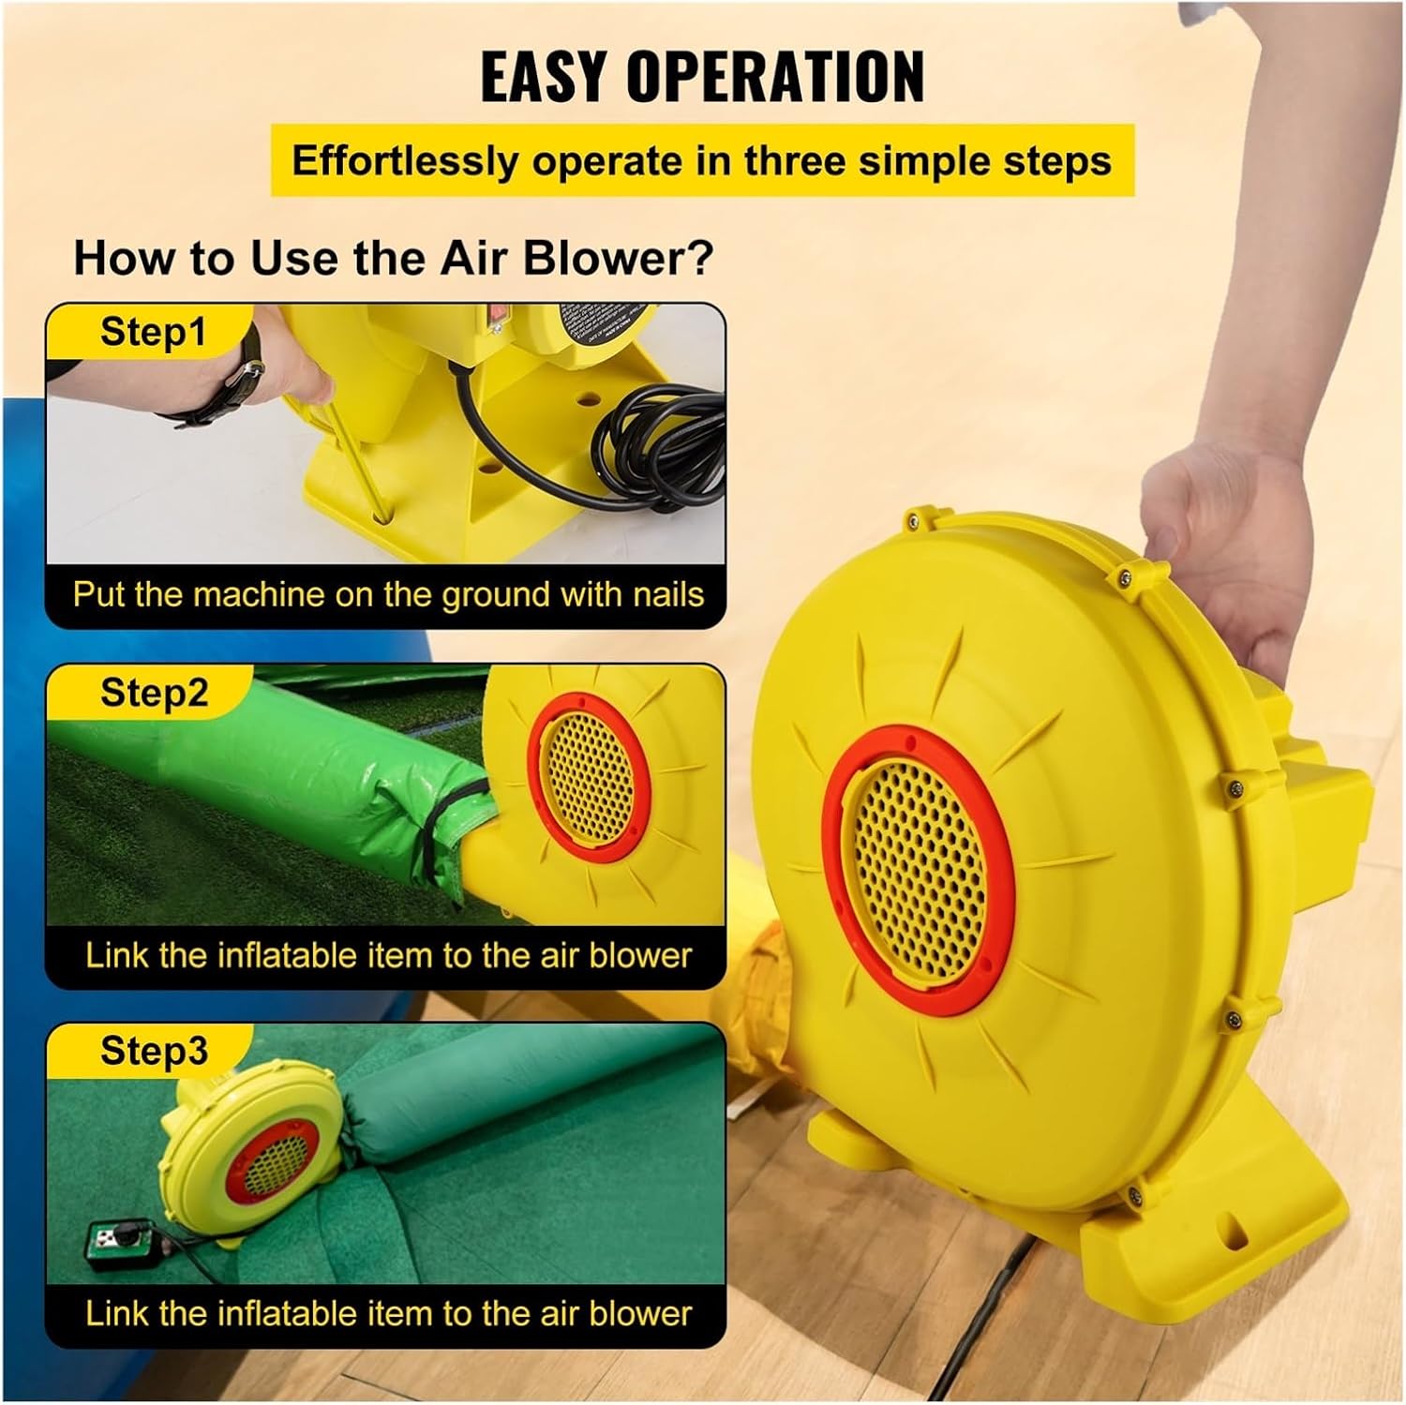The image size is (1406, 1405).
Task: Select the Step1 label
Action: (x=153, y=332)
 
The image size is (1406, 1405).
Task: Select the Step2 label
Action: (x=154, y=693)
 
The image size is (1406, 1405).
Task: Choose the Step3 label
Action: (x=154, y=1051)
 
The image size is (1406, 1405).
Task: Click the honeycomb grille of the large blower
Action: (x=918, y=871)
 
